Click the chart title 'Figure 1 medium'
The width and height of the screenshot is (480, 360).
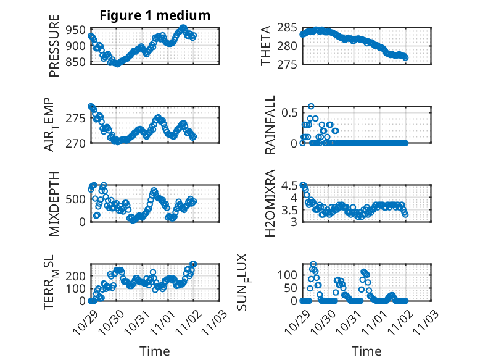click(x=155, y=15)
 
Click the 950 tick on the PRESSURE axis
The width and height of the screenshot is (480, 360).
click(x=77, y=30)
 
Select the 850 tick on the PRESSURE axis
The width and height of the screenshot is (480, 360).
click(x=77, y=62)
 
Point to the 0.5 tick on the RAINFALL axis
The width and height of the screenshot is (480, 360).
click(x=288, y=112)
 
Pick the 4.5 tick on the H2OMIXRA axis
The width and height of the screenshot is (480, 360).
click(x=288, y=186)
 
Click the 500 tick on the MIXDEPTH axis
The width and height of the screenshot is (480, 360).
click(x=77, y=199)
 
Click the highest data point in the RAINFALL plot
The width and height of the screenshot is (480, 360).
click(x=311, y=106)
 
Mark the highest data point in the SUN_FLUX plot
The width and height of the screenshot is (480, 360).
click(x=313, y=264)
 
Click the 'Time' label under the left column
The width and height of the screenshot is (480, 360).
click(x=155, y=351)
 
